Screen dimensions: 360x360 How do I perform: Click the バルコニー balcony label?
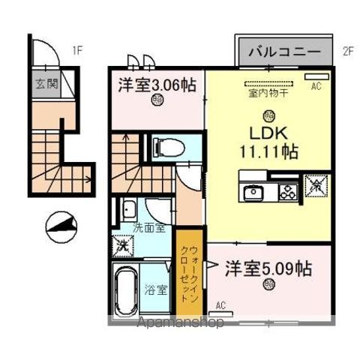pyautogui.click(x=284, y=52)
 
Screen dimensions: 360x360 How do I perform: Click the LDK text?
pyautogui.click(x=267, y=133)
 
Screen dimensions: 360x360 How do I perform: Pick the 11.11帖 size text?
pyautogui.click(x=268, y=151)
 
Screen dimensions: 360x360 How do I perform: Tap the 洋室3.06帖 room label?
pyautogui.click(x=156, y=85)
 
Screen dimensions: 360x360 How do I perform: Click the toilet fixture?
pyautogui.click(x=164, y=147)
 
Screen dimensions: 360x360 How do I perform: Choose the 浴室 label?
pyautogui.click(x=157, y=289)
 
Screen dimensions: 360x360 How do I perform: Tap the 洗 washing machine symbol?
pyautogui.click(x=121, y=244)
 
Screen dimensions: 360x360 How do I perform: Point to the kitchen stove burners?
pyautogui.click(x=287, y=190)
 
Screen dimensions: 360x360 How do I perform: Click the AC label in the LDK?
pyautogui.click(x=316, y=86)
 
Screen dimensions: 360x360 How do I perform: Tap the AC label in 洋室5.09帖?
pyautogui.click(x=220, y=305)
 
